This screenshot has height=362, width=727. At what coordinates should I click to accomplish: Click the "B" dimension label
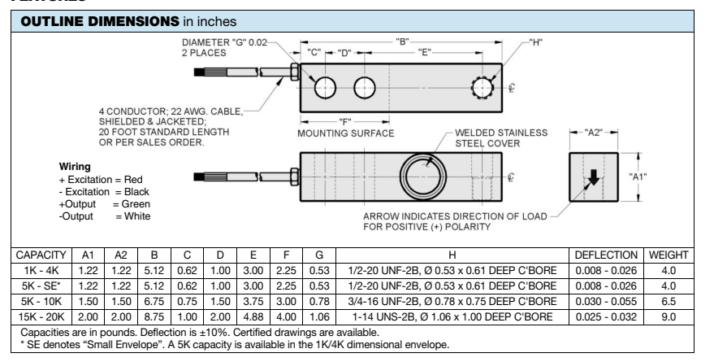point(402,40)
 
